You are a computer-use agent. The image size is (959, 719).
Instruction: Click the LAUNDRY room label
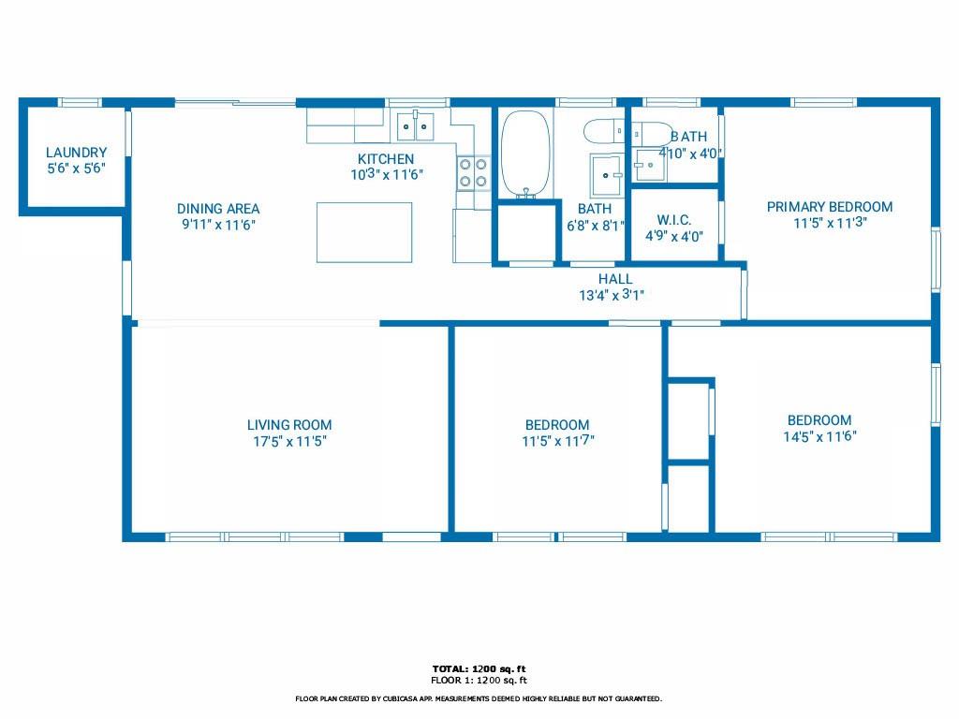click(x=77, y=153)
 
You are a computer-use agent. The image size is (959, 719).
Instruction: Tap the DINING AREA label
click(x=218, y=209)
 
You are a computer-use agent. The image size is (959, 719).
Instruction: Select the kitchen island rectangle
click(x=364, y=232)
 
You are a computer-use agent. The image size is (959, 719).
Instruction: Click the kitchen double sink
click(x=415, y=126)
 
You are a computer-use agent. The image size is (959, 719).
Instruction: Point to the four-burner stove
click(x=473, y=172)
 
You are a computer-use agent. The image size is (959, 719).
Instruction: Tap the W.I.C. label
click(x=674, y=220)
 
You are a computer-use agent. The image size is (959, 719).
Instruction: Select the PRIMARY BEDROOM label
click(x=830, y=207)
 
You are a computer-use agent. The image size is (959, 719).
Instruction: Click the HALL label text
click(x=615, y=279)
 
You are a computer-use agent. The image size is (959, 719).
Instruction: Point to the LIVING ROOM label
click(x=289, y=425)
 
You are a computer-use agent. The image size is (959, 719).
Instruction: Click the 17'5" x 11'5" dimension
click(x=290, y=441)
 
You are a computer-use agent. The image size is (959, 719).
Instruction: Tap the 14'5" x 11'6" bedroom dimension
click(x=819, y=436)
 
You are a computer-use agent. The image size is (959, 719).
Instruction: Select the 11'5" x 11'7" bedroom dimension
click(x=558, y=440)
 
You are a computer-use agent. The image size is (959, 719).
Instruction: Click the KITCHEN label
click(x=386, y=158)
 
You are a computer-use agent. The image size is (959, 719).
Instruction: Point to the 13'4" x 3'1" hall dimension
click(x=612, y=295)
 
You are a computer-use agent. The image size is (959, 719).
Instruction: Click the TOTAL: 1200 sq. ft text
click(x=479, y=668)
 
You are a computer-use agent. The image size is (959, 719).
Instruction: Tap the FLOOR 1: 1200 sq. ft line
click(x=479, y=680)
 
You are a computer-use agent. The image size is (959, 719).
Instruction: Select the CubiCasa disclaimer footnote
click(x=479, y=698)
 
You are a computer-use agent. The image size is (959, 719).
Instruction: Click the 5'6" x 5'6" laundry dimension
click(x=77, y=169)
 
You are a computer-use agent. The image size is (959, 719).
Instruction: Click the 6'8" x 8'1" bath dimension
click(x=596, y=226)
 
